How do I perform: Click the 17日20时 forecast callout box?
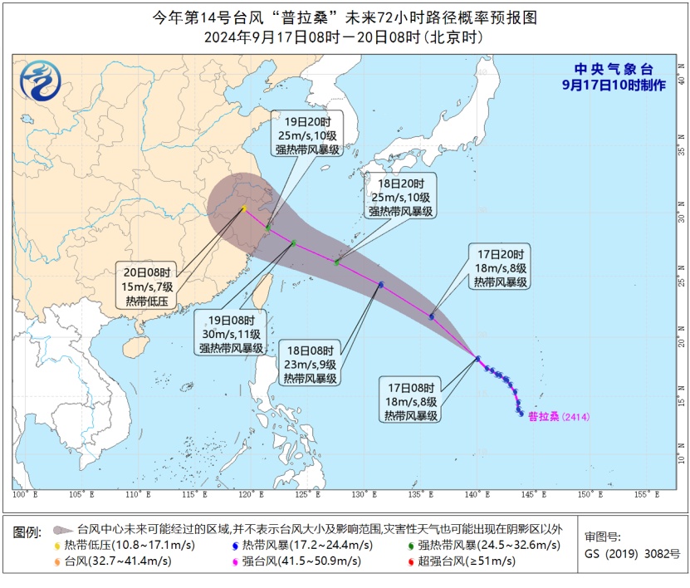tap(501, 268)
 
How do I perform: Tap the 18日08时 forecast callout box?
tap(310, 364)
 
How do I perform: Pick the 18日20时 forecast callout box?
tap(400, 198)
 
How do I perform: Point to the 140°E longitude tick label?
tap(476, 496)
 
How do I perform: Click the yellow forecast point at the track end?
tap(243, 208)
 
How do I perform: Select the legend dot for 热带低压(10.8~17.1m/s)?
tap(57, 545)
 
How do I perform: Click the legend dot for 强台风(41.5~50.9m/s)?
tap(237, 561)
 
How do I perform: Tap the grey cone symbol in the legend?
tap(62, 529)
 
